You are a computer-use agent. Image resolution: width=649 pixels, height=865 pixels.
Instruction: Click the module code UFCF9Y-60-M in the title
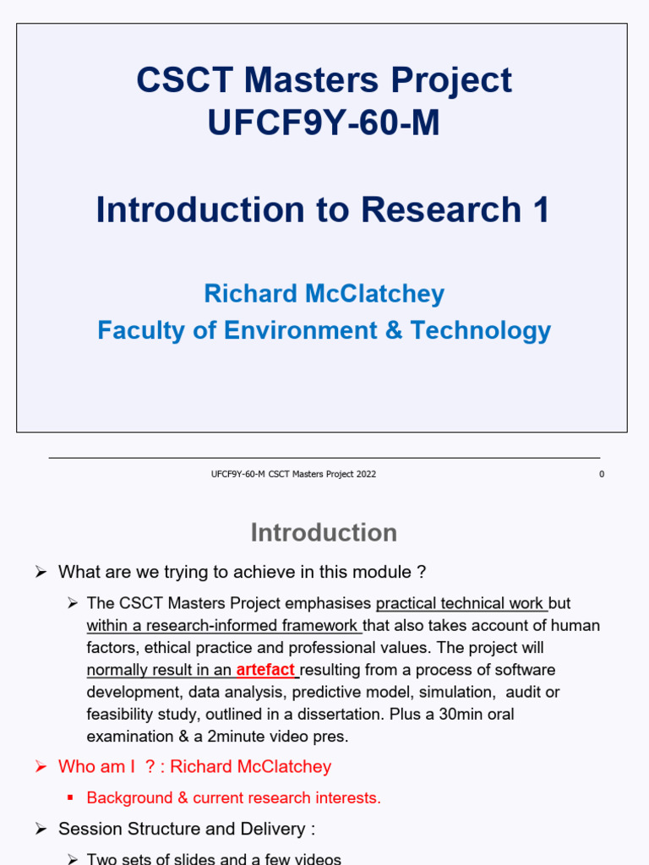[324, 123]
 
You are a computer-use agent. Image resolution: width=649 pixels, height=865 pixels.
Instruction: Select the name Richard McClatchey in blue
[324, 294]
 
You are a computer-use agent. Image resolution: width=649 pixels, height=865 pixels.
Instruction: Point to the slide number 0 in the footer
[602, 475]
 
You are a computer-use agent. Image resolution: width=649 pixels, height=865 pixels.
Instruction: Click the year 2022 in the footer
[366, 475]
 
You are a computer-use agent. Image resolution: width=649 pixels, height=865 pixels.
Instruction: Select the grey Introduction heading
[324, 532]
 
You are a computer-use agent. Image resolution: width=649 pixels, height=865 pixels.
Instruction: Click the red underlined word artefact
[265, 671]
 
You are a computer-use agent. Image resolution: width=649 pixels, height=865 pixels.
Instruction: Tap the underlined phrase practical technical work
[461, 604]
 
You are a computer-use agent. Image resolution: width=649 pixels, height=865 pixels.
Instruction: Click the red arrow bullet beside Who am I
[40, 767]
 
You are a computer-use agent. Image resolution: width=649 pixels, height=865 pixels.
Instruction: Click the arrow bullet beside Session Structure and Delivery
[40, 830]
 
